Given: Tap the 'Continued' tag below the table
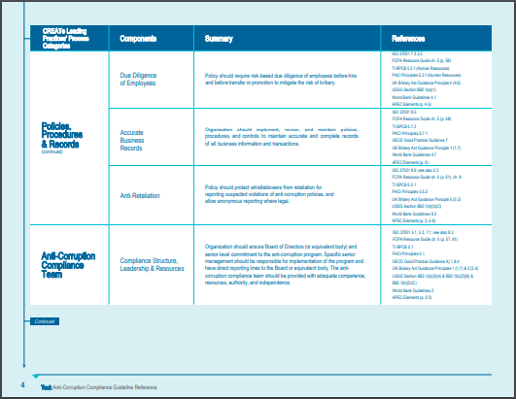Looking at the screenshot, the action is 44,321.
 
